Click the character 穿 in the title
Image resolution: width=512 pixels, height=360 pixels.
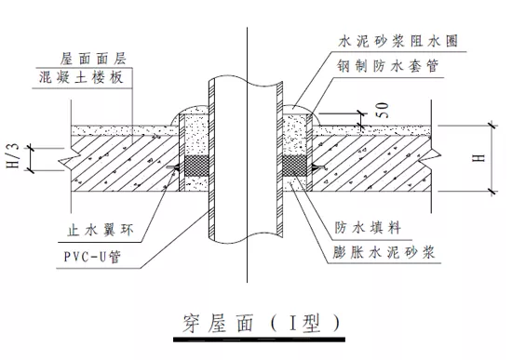tap(185, 321)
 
